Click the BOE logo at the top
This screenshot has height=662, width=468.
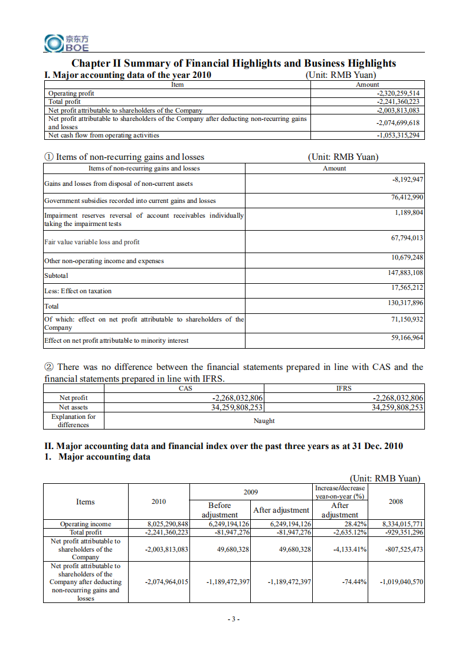(x=67, y=42)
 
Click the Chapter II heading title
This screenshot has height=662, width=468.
(x=234, y=63)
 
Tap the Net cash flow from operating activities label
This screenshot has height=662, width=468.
(x=104, y=135)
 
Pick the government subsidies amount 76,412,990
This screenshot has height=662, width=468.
(x=407, y=197)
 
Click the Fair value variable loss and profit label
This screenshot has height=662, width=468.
(x=92, y=242)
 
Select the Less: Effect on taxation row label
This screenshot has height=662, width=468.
(x=78, y=291)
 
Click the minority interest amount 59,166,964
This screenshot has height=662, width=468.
(x=407, y=337)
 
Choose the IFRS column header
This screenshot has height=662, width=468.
(x=343, y=388)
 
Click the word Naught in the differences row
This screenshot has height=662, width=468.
(x=264, y=421)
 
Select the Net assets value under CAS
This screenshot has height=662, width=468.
(x=237, y=407)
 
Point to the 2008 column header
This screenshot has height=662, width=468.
(x=396, y=502)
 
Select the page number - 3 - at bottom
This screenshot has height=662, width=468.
(x=234, y=619)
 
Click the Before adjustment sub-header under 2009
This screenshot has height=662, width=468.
(x=220, y=510)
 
